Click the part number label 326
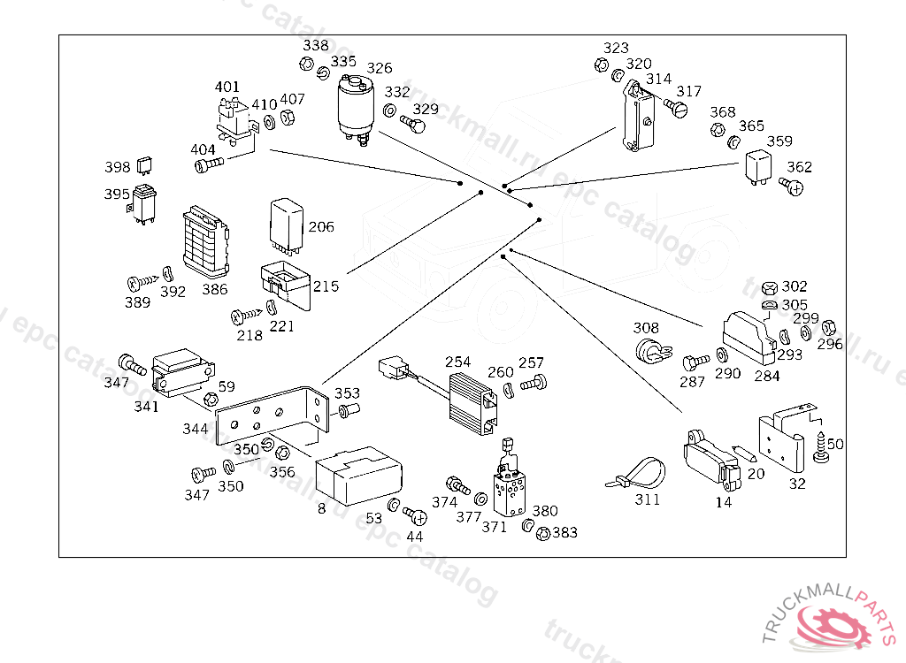coord(380,68)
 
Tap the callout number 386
coord(214,289)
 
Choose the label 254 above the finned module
coord(458,362)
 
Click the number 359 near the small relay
coord(779,141)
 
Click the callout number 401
coord(227,87)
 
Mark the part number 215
coord(326,286)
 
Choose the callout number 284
coord(767,376)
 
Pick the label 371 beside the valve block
coord(495,527)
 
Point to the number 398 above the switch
coord(117,167)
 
